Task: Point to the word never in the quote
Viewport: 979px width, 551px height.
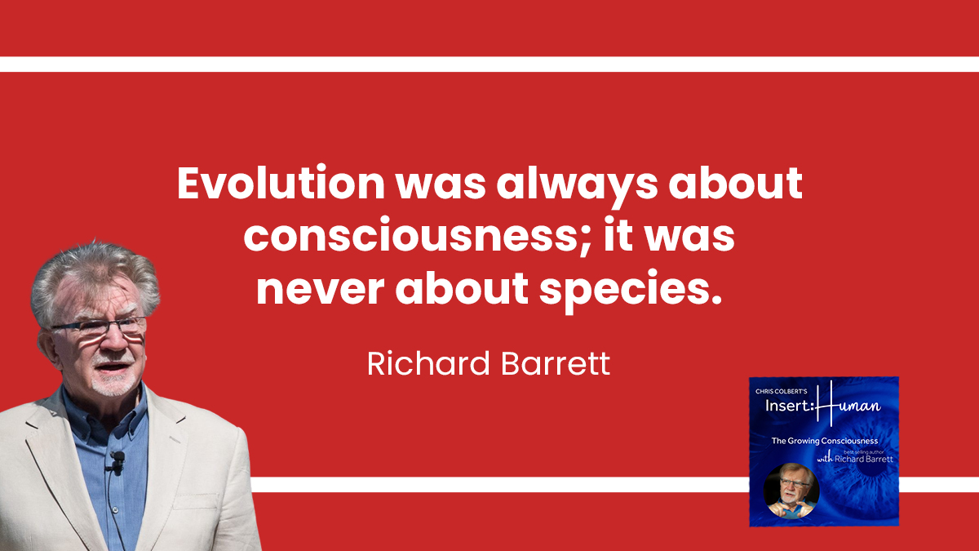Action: tap(309, 291)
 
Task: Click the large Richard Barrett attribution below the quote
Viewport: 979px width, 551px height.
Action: tap(489, 363)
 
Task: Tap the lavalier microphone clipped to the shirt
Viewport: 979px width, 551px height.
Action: tap(117, 460)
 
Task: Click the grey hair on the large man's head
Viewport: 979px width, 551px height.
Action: tap(90, 269)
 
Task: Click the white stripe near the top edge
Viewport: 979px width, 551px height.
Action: tap(489, 64)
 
